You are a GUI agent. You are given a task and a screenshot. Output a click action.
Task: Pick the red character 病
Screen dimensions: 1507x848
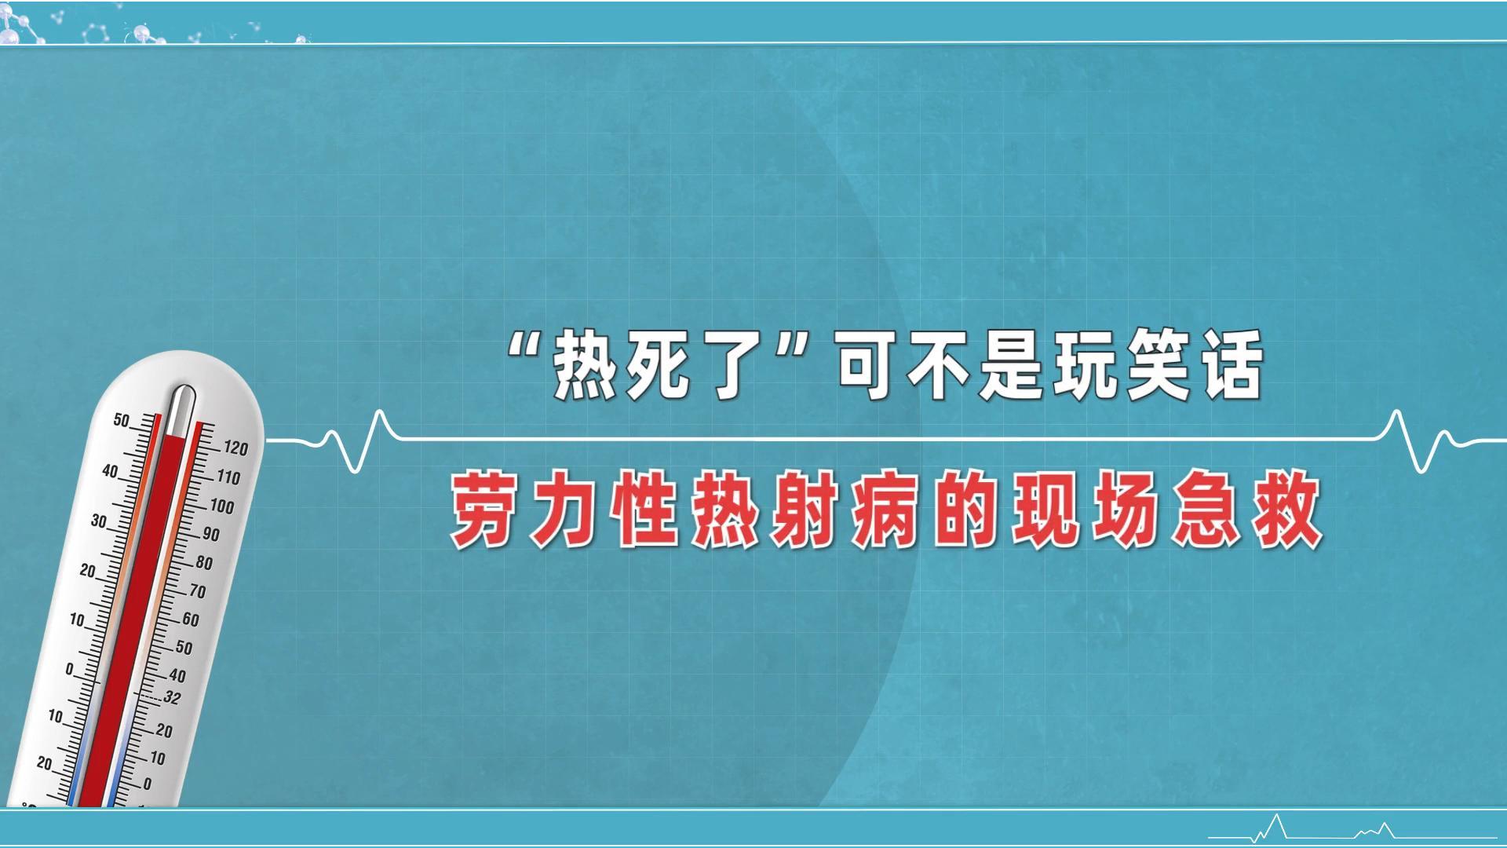(885, 510)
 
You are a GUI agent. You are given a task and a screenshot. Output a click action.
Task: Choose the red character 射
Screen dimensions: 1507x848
(805, 510)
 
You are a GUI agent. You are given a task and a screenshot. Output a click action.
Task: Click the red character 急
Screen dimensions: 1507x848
(1206, 510)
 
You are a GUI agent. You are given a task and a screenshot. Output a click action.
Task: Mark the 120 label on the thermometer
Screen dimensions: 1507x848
(235, 448)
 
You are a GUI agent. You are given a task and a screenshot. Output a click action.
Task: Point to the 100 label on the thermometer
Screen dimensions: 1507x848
(222, 506)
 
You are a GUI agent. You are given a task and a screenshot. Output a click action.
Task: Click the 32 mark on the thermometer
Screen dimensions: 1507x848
(172, 697)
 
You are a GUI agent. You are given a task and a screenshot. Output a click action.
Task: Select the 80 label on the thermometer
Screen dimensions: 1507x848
(204, 563)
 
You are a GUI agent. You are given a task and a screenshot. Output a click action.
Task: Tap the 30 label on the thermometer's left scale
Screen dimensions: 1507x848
(99, 521)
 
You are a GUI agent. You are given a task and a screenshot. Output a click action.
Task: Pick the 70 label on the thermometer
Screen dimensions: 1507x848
(197, 591)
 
